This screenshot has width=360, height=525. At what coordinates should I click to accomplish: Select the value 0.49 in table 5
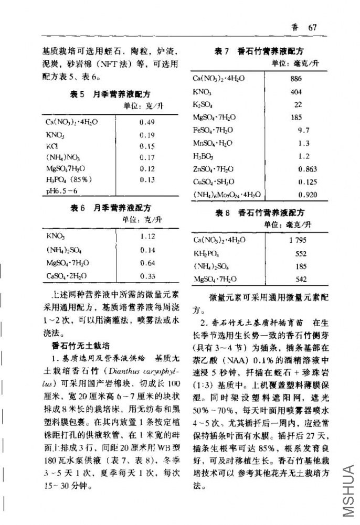click(147, 122)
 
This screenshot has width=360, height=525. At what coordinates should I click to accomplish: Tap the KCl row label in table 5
click(52, 146)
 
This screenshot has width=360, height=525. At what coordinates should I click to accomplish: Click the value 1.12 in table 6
click(148, 237)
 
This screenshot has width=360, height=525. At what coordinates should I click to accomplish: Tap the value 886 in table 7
click(296, 79)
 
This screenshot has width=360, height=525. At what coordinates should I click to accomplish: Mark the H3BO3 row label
click(205, 156)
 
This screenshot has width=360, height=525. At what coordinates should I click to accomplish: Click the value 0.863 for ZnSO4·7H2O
click(307, 169)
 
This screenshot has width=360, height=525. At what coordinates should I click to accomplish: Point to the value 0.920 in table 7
click(307, 195)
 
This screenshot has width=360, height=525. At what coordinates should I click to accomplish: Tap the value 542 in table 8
click(301, 279)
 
